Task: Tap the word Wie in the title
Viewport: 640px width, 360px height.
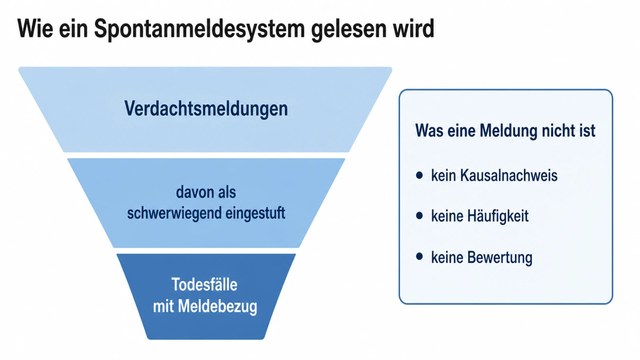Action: coord(35,28)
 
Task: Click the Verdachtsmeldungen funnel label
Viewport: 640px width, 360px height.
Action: coord(206,109)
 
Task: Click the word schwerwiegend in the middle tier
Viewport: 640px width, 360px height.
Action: coord(174,213)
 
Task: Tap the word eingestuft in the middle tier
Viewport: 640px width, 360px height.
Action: coord(255,213)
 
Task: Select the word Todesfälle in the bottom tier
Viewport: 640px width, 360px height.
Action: coord(204,284)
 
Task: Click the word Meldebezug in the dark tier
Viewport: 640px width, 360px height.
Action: coord(218,306)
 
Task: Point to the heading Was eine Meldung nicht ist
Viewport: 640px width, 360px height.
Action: coord(505,131)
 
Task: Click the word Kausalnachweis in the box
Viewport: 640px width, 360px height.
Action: coord(508,176)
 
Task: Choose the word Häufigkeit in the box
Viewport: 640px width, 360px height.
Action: coord(498,216)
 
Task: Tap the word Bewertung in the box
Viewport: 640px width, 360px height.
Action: coord(500,258)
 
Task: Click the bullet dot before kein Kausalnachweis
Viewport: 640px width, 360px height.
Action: coord(420,175)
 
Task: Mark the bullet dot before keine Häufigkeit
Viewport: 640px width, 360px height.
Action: coord(420,216)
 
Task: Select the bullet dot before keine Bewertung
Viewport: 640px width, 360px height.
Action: coord(420,256)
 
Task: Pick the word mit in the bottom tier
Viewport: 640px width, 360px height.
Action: coord(164,306)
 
